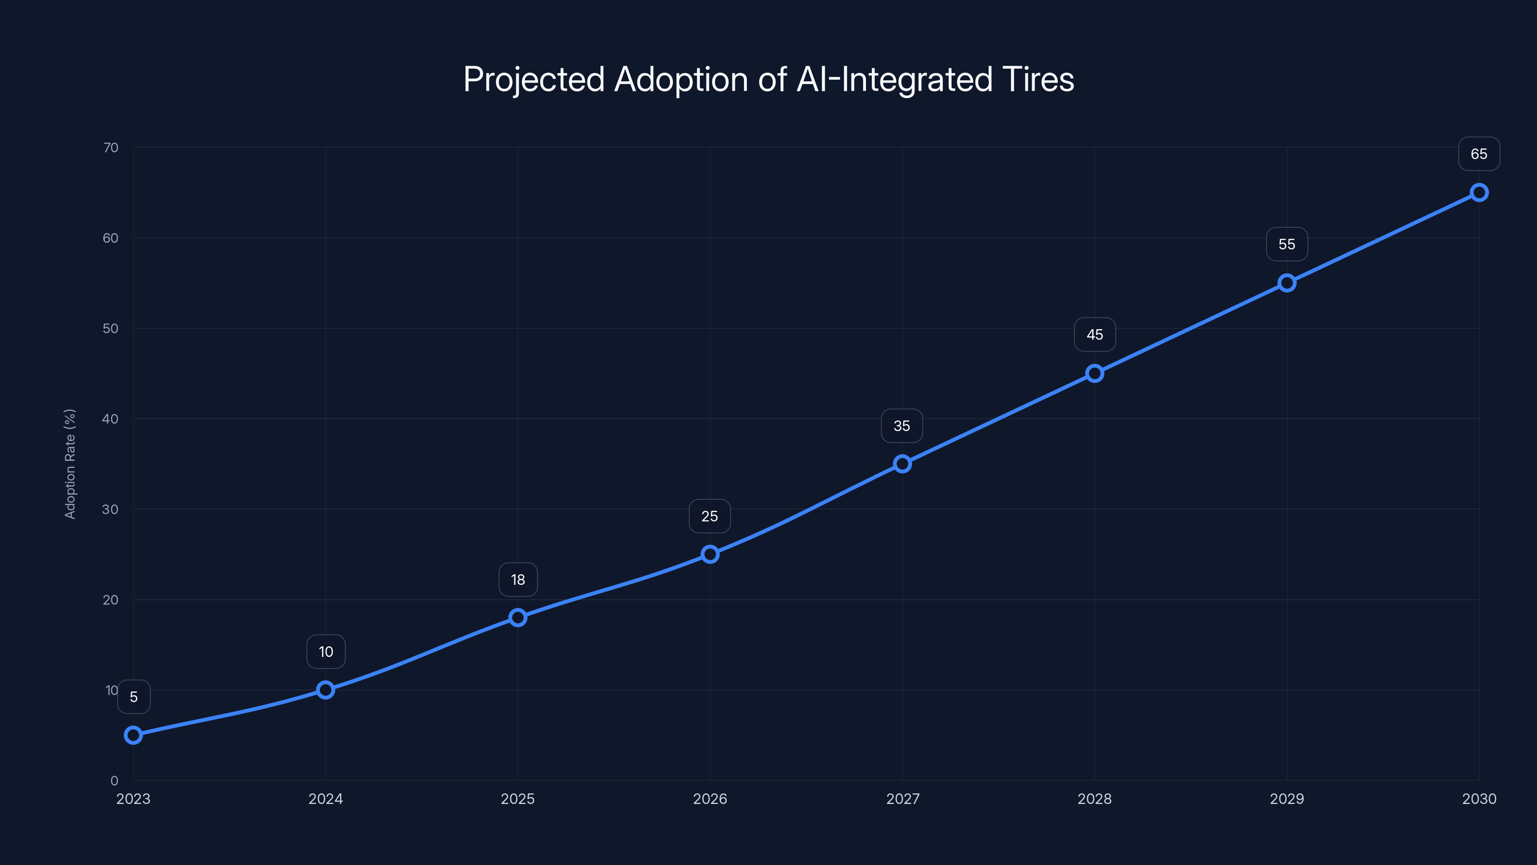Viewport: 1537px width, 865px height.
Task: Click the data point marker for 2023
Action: pos(133,735)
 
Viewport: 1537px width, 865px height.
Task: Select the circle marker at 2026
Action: pos(709,554)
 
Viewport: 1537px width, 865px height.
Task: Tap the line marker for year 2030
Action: pos(1478,192)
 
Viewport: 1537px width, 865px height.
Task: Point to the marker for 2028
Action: pos(1094,373)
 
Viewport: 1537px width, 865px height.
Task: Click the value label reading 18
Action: pos(517,580)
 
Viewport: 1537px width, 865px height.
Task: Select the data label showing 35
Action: pos(902,426)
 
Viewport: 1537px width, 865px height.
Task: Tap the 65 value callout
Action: pos(1478,154)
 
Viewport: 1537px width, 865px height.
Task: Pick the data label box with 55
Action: pos(1286,244)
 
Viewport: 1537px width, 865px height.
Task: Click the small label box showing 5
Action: pos(134,697)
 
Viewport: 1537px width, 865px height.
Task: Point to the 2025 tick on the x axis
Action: pos(517,799)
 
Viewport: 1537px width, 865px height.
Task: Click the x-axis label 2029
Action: pos(1286,799)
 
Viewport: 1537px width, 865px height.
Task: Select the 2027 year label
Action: pos(902,799)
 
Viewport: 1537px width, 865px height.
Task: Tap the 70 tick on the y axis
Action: pos(110,148)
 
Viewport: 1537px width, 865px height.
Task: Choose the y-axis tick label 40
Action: pos(110,419)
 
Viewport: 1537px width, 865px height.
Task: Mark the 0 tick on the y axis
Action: pos(114,780)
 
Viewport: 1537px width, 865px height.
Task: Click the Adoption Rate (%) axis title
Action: pos(70,464)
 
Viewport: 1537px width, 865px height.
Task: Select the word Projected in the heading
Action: pos(534,79)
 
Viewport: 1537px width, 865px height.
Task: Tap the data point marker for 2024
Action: pos(325,690)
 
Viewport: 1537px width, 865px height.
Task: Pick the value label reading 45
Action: pos(1094,335)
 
